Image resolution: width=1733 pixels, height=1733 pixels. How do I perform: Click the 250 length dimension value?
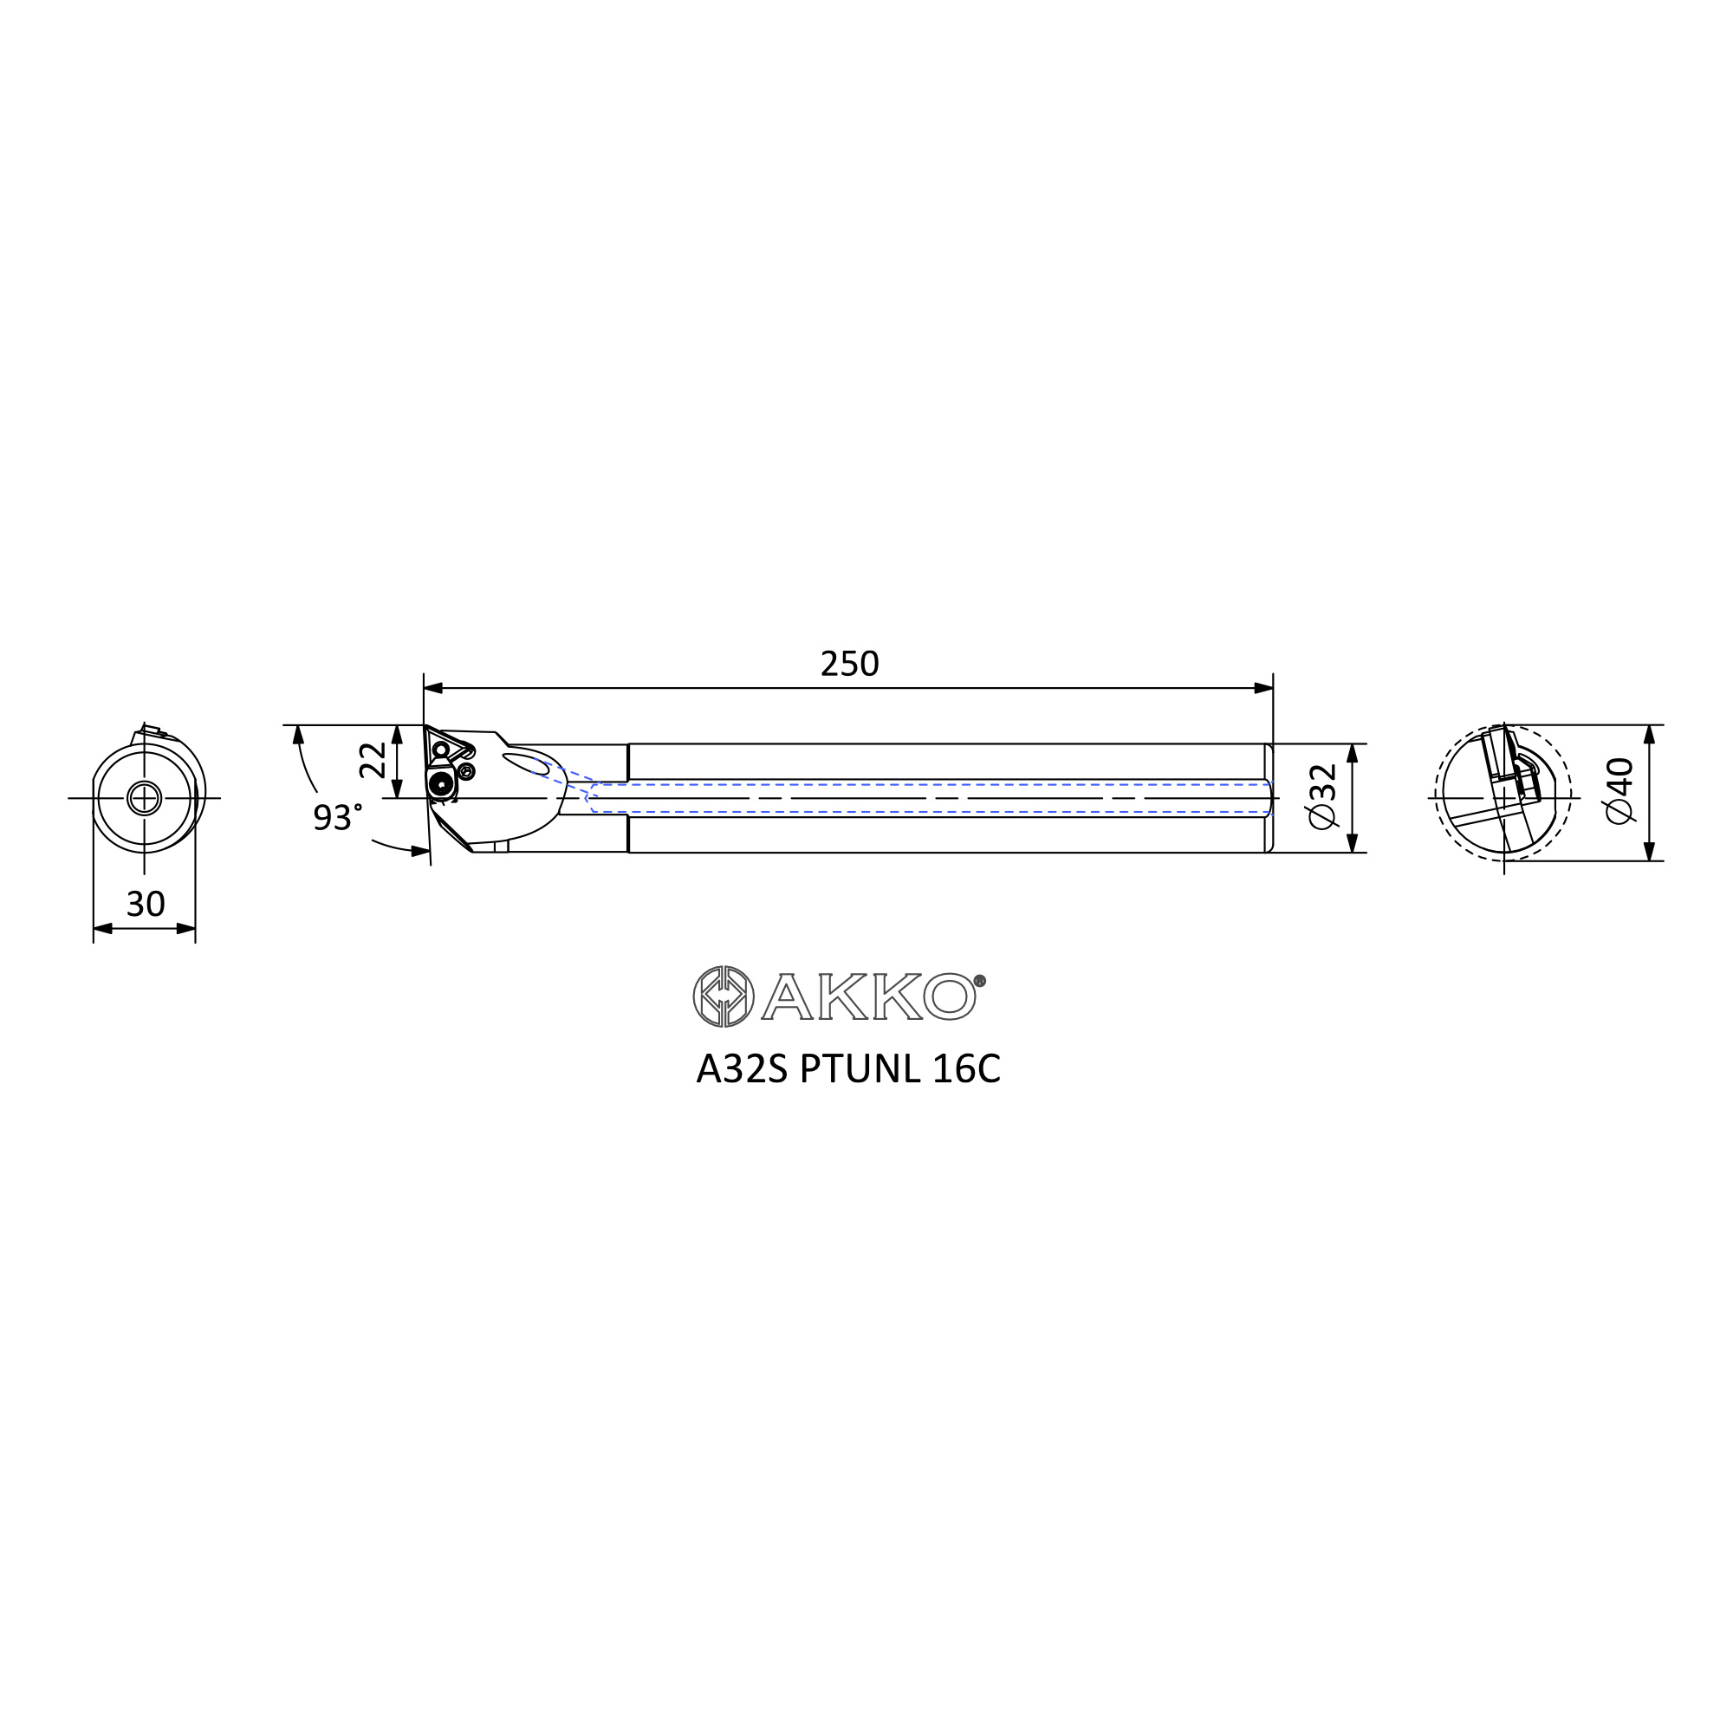point(848,664)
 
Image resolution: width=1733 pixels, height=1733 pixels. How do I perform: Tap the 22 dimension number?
point(373,760)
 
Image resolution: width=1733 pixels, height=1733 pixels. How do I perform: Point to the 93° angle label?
point(338,816)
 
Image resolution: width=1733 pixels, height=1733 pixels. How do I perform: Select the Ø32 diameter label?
point(1322,795)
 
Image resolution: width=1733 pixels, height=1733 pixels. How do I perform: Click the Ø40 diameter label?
point(1619,790)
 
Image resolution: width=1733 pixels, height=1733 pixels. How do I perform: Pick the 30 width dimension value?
point(146,903)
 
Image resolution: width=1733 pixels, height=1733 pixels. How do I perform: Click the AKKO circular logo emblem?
point(723,996)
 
